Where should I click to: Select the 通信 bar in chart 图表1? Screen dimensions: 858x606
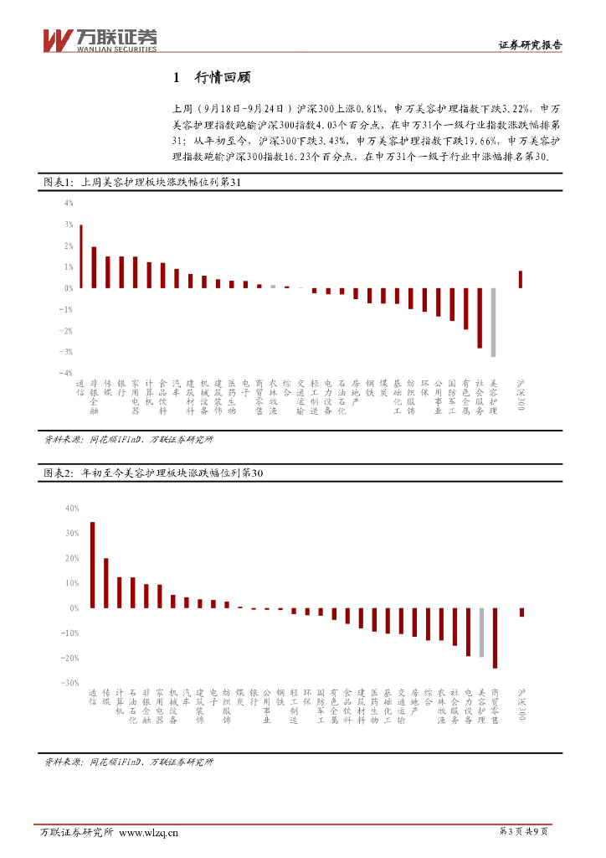pyautogui.click(x=80, y=256)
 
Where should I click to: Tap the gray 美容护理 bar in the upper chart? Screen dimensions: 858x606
pyautogui.click(x=493, y=322)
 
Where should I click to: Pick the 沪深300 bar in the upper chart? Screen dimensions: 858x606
pyautogui.click(x=521, y=279)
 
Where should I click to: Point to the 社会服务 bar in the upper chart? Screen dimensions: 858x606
pyautogui.click(x=480, y=318)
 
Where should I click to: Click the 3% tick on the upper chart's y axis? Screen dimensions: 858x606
pyautogui.click(x=69, y=225)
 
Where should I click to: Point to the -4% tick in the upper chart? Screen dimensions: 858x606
pyautogui.click(x=67, y=373)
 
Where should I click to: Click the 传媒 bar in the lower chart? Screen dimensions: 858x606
pyautogui.click(x=105, y=583)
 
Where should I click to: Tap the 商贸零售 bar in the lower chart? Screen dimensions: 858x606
pyautogui.click(x=495, y=638)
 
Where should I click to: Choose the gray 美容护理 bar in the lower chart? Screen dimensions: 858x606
pyautogui.click(x=481, y=633)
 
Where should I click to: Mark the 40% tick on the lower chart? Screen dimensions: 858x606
pyautogui.click(x=71, y=508)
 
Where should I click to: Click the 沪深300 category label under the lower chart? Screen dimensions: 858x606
pyautogui.click(x=521, y=704)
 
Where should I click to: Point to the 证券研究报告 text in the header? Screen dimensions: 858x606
pyautogui.click(x=530, y=46)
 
